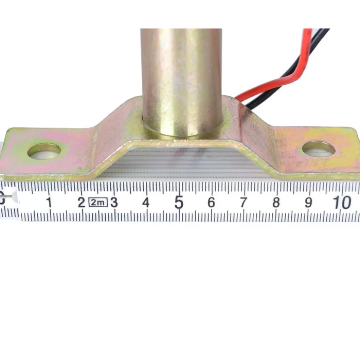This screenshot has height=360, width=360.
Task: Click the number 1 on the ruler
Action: [x=49, y=202]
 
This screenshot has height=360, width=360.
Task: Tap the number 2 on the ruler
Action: [x=82, y=202]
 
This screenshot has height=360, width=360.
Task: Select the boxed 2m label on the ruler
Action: [x=98, y=202]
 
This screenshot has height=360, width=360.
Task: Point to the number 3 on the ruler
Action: [x=114, y=202]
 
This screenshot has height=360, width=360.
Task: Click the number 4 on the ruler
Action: [x=146, y=202]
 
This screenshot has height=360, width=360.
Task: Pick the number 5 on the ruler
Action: [x=179, y=202]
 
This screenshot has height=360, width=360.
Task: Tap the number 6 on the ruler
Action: [x=211, y=202]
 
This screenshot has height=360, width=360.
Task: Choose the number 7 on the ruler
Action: [x=244, y=202]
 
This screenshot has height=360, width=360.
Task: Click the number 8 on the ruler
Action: [x=276, y=202]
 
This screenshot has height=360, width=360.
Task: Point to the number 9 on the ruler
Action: [x=308, y=202]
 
